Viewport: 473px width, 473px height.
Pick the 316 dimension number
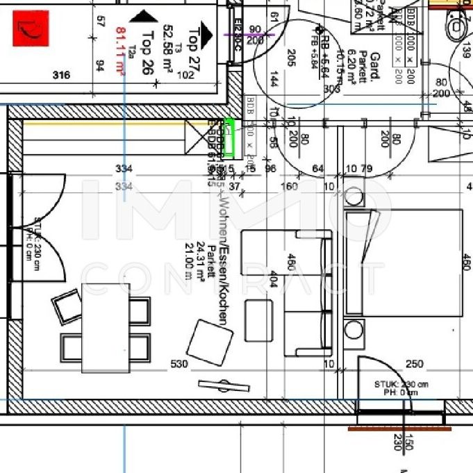[62, 76]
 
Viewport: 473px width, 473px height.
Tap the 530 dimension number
[179, 363]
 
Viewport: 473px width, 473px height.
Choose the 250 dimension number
[415, 363]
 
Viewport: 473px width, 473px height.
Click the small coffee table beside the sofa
[258, 320]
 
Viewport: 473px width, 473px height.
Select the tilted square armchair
[210, 342]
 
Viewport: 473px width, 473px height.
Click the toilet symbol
[457, 26]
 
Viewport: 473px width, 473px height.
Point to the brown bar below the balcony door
[395, 428]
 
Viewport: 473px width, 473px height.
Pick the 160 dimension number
[288, 186]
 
